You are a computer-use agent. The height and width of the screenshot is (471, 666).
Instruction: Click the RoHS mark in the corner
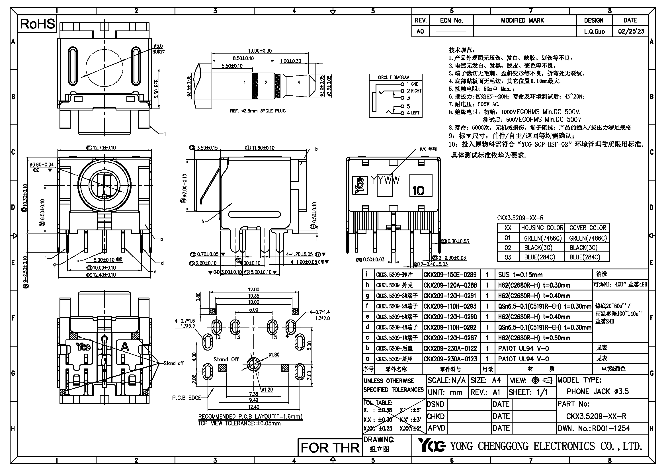pos(37,24)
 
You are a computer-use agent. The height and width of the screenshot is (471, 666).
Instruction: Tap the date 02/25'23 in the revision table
pos(631,31)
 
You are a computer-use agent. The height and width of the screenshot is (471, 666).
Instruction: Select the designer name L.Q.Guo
pos(594,31)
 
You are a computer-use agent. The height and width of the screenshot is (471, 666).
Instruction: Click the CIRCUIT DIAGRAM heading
pos(393,77)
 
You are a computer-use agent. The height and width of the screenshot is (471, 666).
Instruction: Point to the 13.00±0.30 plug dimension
pos(260,50)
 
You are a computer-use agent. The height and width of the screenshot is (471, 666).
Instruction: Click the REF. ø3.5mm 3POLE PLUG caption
pos(258,111)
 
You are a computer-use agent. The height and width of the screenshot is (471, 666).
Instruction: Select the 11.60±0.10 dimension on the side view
pos(263,148)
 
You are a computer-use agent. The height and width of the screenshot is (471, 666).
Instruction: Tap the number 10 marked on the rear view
pos(418,191)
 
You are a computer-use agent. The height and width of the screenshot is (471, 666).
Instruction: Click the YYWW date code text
pos(385,180)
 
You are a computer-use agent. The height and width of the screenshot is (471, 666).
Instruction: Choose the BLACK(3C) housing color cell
pos(538,248)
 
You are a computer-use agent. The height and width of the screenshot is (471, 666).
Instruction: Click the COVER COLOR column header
pos(587,228)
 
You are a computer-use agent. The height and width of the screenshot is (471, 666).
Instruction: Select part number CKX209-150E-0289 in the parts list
pos(450,275)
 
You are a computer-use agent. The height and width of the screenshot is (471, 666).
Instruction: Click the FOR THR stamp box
pos(330,448)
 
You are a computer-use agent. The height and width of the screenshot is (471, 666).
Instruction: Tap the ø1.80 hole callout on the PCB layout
pos(274,355)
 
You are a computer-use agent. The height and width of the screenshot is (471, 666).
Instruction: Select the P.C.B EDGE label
pos(187,398)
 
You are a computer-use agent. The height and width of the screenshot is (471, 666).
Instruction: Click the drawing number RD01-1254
pos(610,428)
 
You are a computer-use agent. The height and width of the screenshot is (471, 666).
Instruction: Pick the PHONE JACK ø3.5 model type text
pos(598,392)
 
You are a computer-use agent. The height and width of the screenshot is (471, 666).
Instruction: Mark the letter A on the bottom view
pos(125,346)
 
